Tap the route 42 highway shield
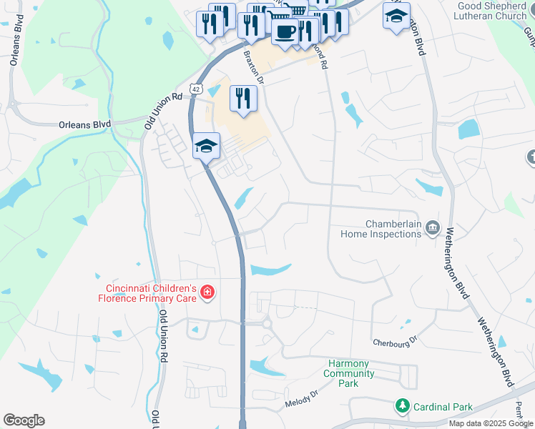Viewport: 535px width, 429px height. [x=195, y=88]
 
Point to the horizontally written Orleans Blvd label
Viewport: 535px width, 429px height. [x=84, y=124]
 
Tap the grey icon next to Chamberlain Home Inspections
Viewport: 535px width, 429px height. [x=432, y=228]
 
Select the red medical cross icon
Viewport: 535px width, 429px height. [x=207, y=292]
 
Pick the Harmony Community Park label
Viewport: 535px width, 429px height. [x=349, y=373]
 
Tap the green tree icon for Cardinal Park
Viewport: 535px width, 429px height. [x=403, y=406]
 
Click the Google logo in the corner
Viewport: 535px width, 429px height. [x=24, y=420]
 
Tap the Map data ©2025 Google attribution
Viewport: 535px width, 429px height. [x=491, y=423]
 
